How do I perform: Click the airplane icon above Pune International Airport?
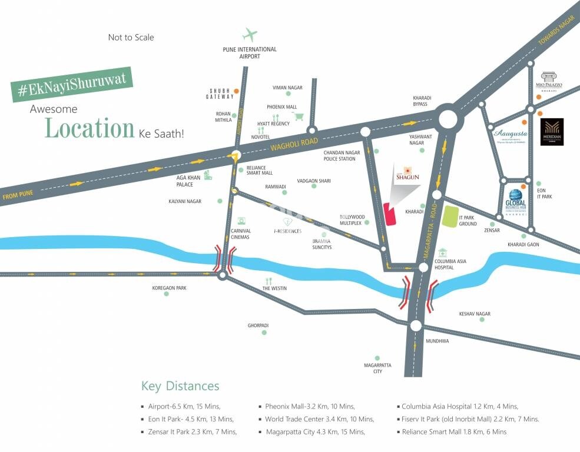[x=250, y=35]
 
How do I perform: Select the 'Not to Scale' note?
[x=131, y=38]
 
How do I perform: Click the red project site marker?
[x=390, y=214]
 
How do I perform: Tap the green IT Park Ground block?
[x=450, y=217]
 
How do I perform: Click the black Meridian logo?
[x=552, y=132]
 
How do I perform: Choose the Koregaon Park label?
[x=169, y=288]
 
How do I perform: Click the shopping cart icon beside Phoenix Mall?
[x=299, y=117]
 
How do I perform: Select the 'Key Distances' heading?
[x=180, y=386]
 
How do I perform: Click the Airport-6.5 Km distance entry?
[x=183, y=407]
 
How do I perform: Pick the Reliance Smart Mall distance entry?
[x=454, y=432]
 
